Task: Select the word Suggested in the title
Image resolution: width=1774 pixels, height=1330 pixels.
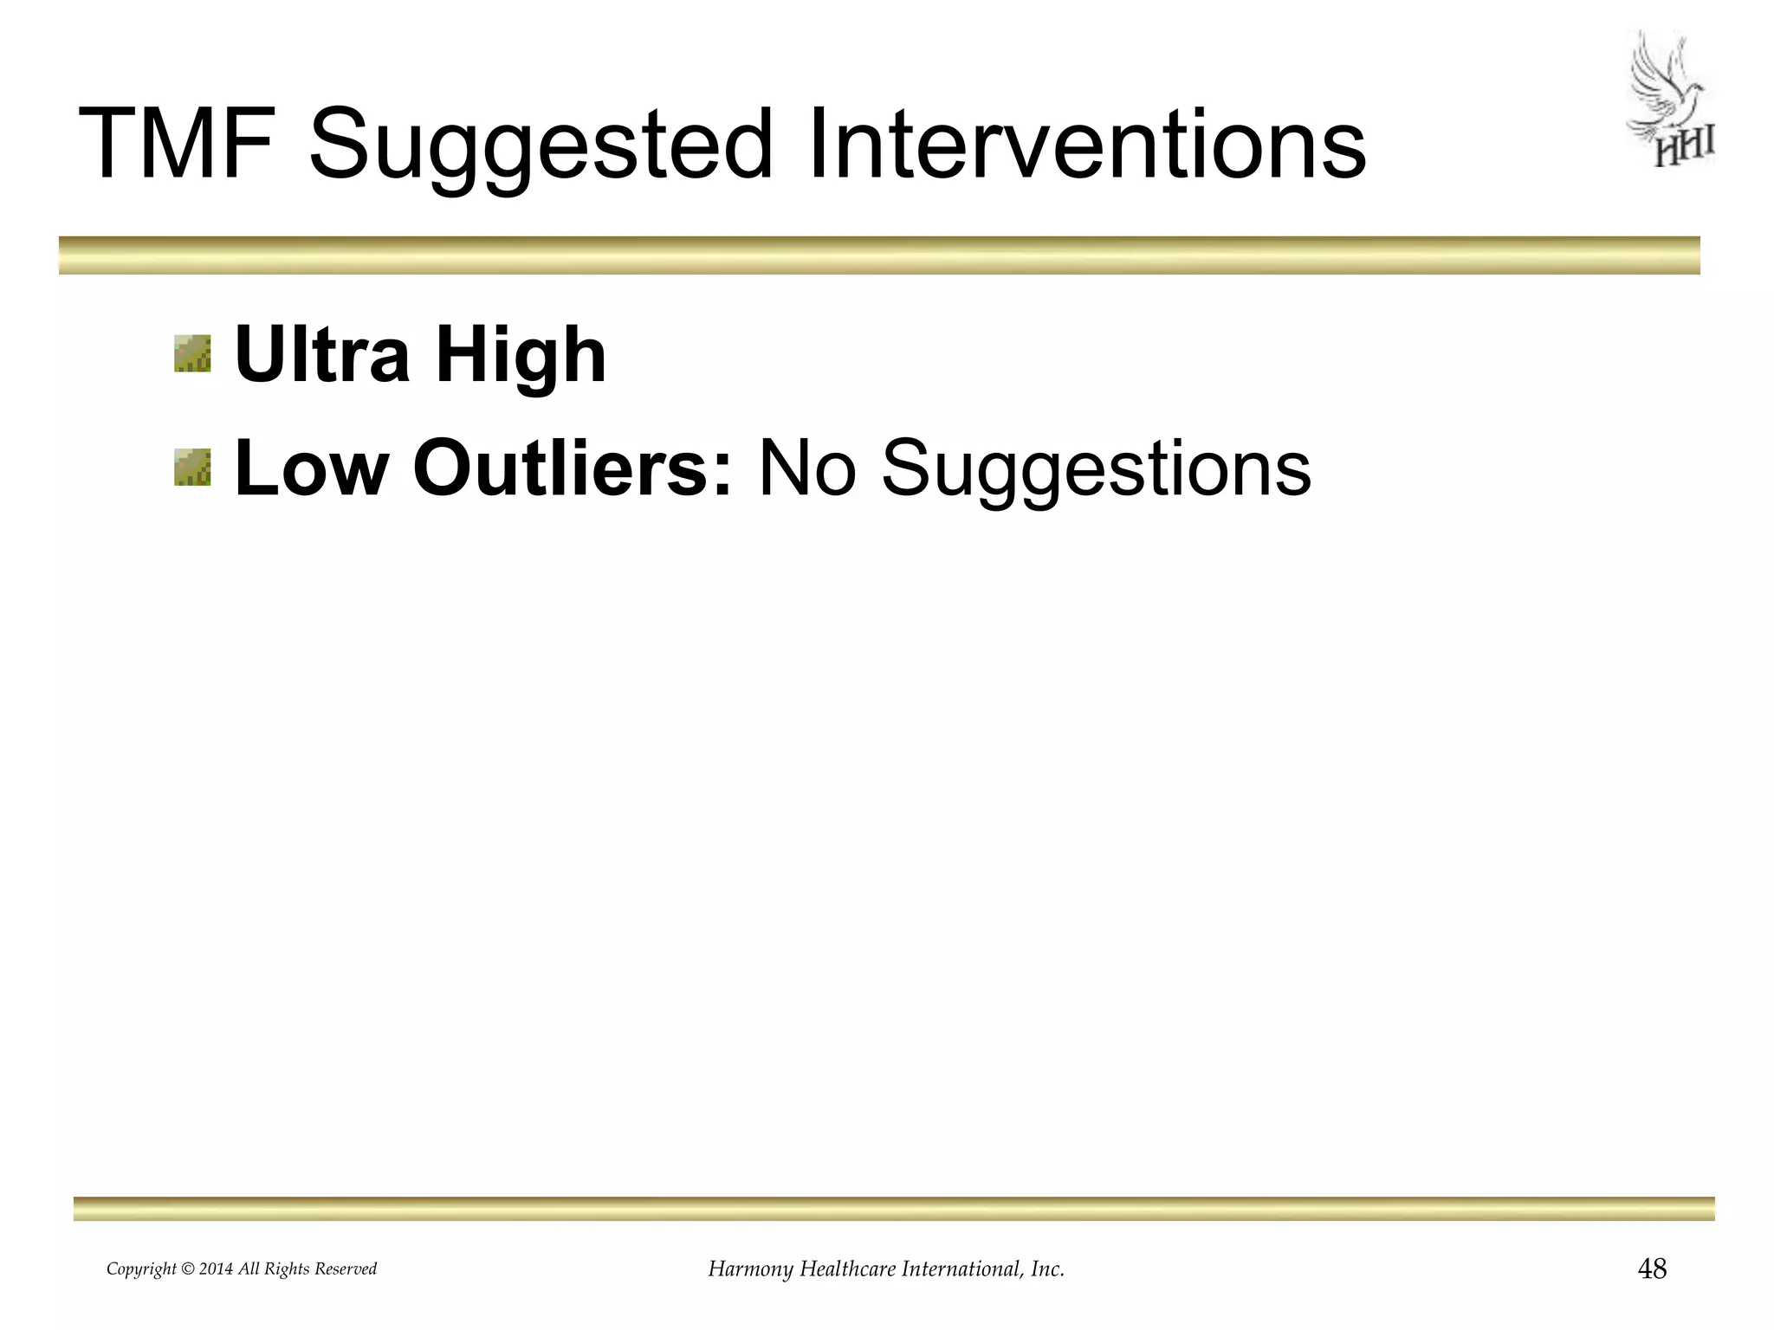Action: coord(540,144)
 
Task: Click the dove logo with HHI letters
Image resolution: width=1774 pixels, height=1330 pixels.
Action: coord(1670,100)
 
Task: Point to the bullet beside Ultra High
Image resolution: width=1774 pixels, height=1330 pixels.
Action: coord(192,354)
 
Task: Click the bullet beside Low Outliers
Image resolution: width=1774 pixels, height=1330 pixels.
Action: coord(192,468)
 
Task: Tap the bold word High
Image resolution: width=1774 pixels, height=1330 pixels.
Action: coord(521,354)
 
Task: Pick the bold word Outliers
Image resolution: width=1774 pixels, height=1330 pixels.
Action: coord(572,468)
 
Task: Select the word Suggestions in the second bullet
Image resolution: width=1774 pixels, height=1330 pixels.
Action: coord(1096,468)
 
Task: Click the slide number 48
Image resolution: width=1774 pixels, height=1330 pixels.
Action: coord(1652,1269)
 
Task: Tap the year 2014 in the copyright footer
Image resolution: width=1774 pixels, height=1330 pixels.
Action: coord(216,1269)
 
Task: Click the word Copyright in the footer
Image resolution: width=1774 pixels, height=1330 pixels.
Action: coord(140,1269)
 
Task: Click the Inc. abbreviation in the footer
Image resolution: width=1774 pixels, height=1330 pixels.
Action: coord(1048,1269)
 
